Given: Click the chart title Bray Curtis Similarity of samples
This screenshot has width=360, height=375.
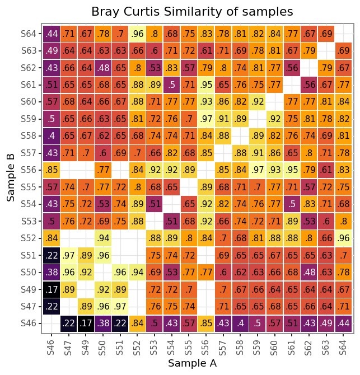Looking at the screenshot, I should [x=192, y=11].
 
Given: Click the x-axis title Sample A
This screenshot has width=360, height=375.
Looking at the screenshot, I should [x=192, y=363].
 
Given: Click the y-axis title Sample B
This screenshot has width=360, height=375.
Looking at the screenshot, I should [x=11, y=178].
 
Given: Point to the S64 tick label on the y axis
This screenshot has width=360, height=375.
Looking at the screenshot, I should [x=28, y=34].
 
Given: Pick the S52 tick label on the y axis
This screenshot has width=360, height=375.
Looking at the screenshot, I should [x=28, y=238].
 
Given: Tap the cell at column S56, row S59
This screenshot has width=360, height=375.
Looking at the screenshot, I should [x=206, y=119].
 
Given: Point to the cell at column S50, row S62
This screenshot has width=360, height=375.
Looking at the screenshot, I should [x=103, y=68].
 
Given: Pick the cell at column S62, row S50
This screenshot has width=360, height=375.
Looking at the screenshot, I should [x=309, y=272].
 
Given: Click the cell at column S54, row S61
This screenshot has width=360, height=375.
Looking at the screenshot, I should [x=172, y=85].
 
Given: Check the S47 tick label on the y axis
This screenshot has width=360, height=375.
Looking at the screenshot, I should [x=28, y=306].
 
